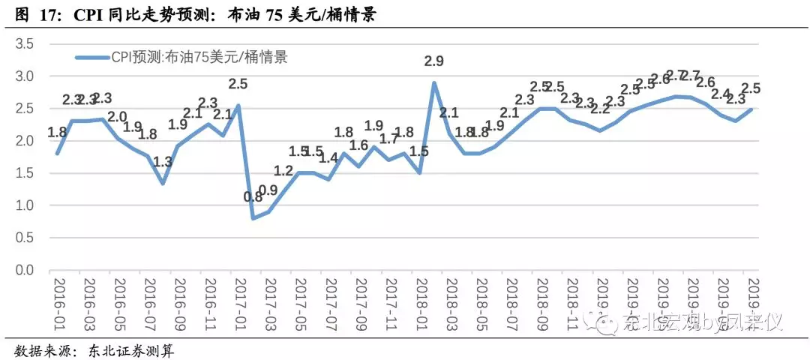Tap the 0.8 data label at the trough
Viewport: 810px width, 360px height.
pyautogui.click(x=253, y=198)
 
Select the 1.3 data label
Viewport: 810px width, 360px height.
pyautogui.click(x=163, y=161)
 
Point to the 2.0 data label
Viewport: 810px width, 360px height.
pyautogui.click(x=117, y=117)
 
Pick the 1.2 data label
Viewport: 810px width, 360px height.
pyautogui.click(x=283, y=171)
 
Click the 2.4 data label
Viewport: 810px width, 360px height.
pyautogui.click(x=720, y=94)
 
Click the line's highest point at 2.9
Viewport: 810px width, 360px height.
pyautogui.click(x=433, y=83)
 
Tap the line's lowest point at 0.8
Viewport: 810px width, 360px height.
pyautogui.click(x=253, y=218)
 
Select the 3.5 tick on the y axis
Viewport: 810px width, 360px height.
pyautogui.click(x=25, y=44)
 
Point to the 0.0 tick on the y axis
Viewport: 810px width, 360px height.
pyautogui.click(x=25, y=270)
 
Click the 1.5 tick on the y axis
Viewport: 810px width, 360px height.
pyautogui.click(x=25, y=173)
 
